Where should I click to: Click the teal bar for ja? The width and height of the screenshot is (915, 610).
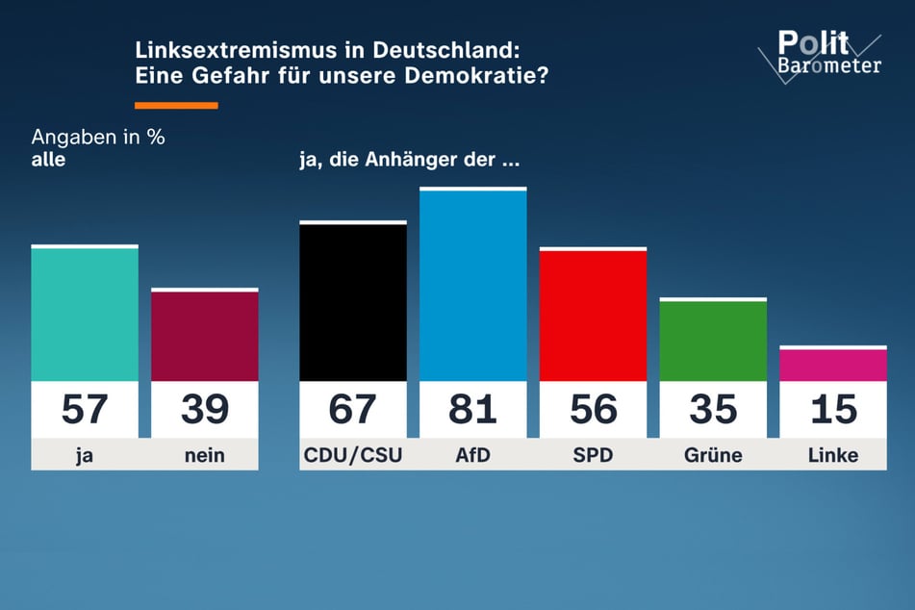[x=85, y=315]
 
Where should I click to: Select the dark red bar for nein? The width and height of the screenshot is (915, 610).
[x=205, y=336]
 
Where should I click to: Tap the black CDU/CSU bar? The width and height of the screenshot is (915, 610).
[x=352, y=302]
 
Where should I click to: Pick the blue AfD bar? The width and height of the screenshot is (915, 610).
[x=473, y=286]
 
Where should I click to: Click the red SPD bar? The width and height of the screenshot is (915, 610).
[x=593, y=316]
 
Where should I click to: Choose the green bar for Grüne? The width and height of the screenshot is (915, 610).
[x=713, y=341]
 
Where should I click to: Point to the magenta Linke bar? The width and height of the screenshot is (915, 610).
[x=832, y=365]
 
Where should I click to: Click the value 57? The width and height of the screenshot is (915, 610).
[x=85, y=410]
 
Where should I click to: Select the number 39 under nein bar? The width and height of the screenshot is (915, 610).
[x=205, y=410]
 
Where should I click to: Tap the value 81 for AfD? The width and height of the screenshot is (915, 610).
[x=473, y=410]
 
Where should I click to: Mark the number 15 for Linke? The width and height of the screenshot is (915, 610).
[x=832, y=410]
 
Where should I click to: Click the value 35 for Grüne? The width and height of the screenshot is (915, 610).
[x=713, y=410]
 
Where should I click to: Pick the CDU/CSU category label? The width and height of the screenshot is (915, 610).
[x=352, y=456]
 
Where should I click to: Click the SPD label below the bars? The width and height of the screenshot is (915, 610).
[x=593, y=456]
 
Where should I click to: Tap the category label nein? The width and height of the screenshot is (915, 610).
[x=205, y=456]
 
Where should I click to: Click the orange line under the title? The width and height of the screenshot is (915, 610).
[x=176, y=105]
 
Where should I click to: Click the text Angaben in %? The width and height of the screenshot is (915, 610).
[x=98, y=137]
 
